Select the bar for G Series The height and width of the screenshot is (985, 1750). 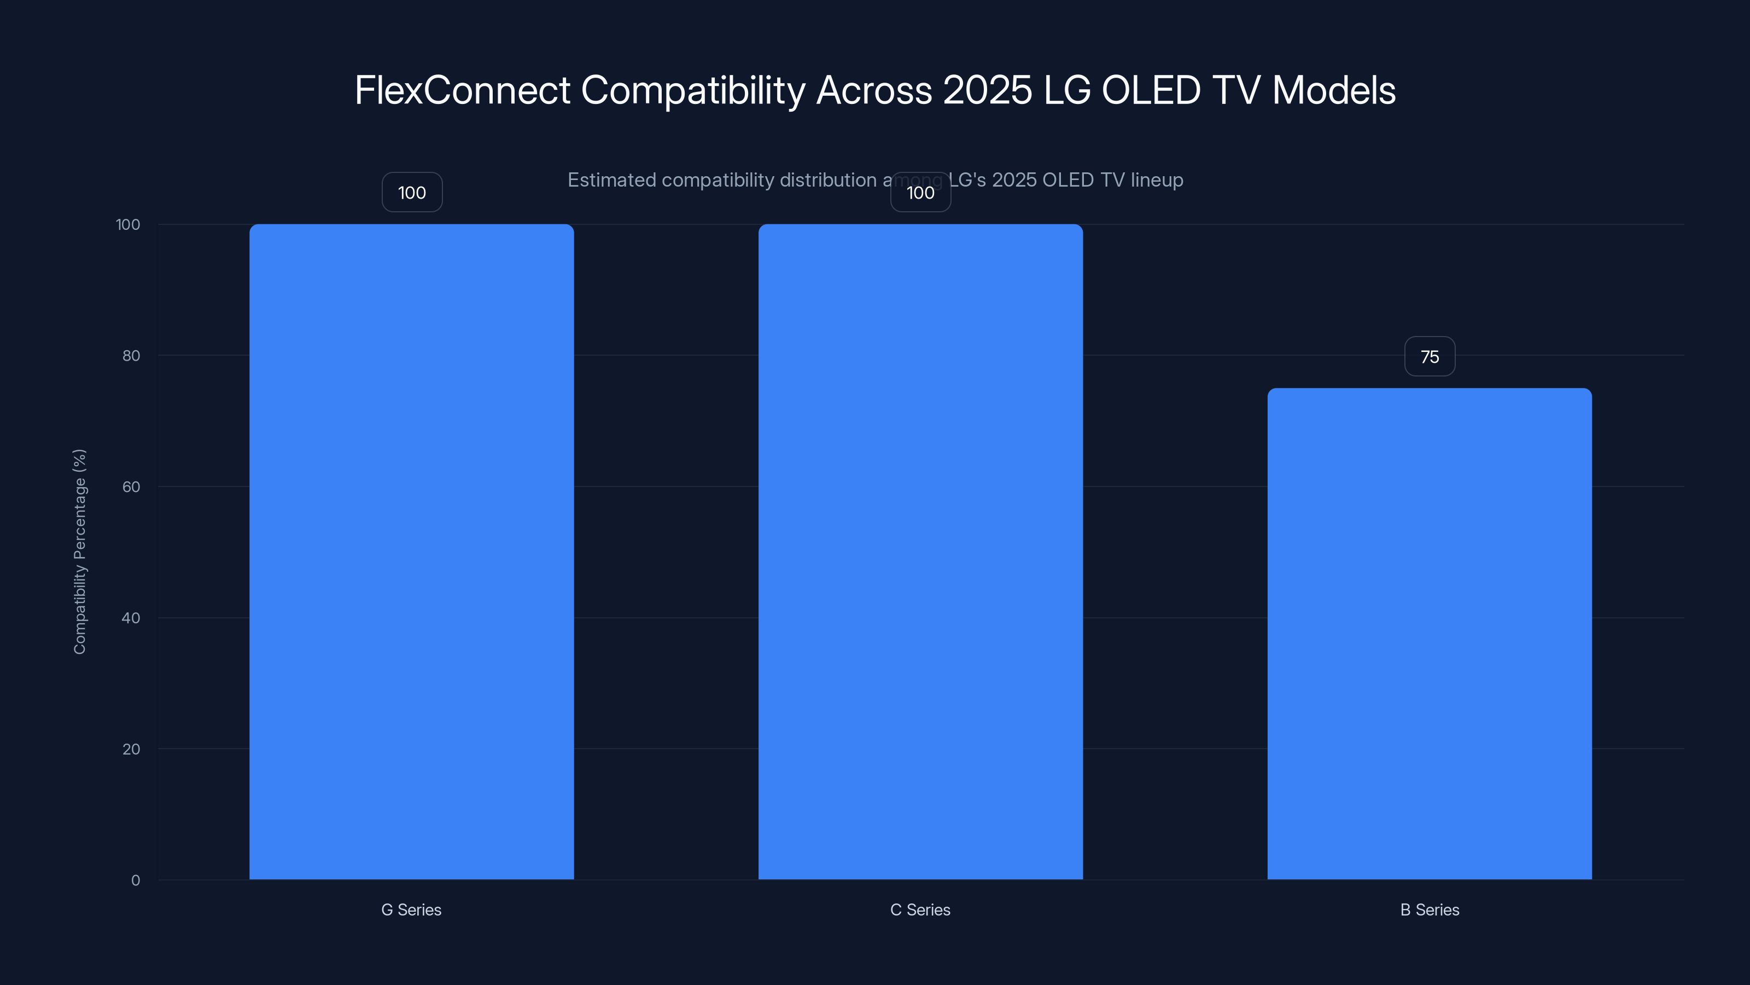[x=411, y=551]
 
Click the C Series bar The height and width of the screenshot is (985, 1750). [x=920, y=551]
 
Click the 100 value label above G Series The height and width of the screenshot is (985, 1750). [x=412, y=193]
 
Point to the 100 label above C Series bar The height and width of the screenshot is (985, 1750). [x=920, y=193]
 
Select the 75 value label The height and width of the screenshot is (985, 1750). [x=1430, y=357]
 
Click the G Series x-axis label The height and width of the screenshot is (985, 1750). [x=411, y=909]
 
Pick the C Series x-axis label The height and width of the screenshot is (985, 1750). [x=920, y=909]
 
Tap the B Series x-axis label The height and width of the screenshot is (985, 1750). [x=1430, y=909]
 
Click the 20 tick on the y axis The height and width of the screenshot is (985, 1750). [x=131, y=749]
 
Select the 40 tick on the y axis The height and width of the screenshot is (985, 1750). [x=131, y=618]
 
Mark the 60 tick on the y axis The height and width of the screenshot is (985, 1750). [x=131, y=486]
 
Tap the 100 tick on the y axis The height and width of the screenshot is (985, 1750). [x=128, y=224]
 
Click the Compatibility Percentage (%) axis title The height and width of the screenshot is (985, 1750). [x=79, y=551]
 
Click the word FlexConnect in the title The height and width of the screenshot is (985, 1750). [x=462, y=90]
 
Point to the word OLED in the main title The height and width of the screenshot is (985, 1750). [x=1150, y=90]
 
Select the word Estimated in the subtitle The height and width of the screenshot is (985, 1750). [x=611, y=180]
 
